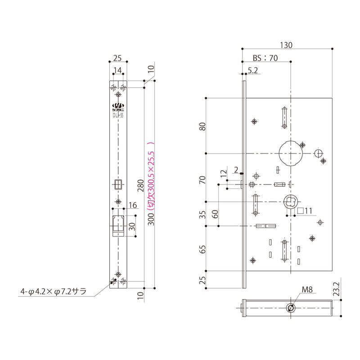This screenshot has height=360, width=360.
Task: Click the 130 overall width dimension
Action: [x=286, y=45]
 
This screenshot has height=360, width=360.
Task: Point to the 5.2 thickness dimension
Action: [x=252, y=70]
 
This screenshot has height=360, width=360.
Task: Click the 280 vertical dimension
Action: [x=140, y=185]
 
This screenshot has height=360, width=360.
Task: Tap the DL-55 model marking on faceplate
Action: [x=118, y=115]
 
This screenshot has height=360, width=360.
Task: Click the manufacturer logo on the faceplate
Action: [x=118, y=107]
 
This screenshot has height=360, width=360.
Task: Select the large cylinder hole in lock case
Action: [x=290, y=153]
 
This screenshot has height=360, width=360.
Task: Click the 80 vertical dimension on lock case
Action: [x=203, y=127]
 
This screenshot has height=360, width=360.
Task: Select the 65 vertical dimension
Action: [x=203, y=249]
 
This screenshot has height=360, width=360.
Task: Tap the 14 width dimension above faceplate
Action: [x=118, y=70]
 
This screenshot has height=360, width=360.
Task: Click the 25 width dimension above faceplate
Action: [x=118, y=58]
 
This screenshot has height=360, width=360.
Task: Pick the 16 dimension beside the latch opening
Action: [x=132, y=206]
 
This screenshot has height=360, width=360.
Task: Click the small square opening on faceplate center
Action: [x=118, y=184]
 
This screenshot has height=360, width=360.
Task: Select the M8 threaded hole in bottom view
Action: [x=291, y=307]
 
